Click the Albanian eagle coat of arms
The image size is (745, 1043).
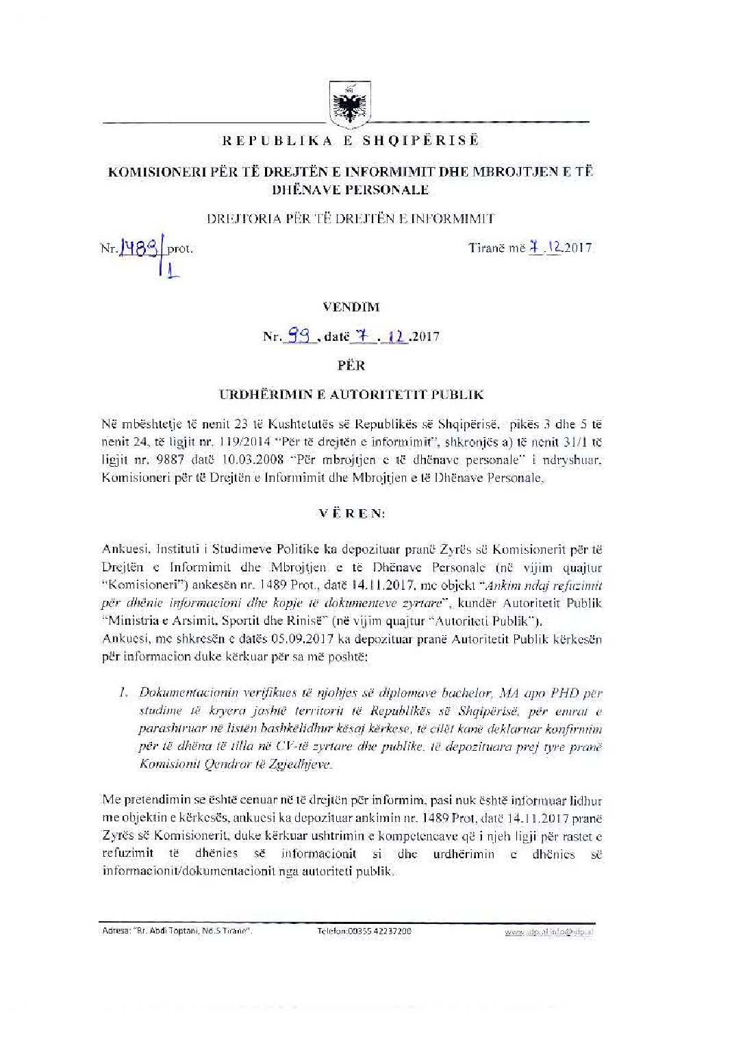pos(346,104)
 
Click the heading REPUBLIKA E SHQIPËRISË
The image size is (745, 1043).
pos(350,141)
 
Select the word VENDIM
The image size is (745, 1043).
pos(351,308)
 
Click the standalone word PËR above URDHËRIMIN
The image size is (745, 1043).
pos(351,365)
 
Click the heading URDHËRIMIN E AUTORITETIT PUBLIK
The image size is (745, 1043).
pos(351,394)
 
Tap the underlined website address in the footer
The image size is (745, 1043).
pos(550,932)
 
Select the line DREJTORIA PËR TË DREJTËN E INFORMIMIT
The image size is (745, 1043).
pos(350,219)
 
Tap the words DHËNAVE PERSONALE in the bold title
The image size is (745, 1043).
pos(351,189)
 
